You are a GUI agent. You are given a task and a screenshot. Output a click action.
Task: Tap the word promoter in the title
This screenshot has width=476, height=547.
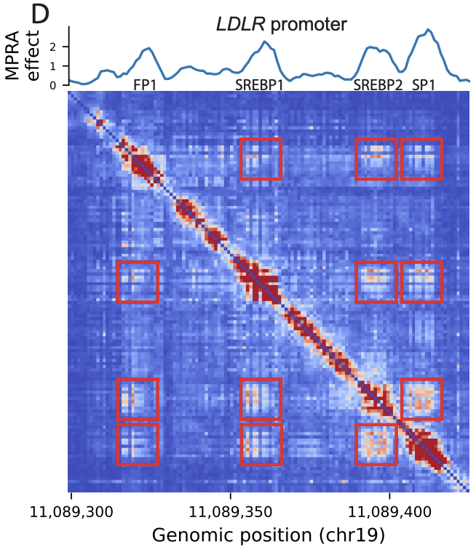[x=306, y=25]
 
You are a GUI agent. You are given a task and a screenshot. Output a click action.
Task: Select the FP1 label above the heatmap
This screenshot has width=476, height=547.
[x=145, y=84]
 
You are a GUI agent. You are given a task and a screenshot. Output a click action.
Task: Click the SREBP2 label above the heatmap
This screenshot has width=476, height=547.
[x=378, y=84]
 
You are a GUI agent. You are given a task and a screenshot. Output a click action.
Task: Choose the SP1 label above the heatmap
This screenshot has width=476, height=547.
[x=423, y=84]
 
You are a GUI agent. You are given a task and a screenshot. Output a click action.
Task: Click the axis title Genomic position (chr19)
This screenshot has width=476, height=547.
[x=269, y=535]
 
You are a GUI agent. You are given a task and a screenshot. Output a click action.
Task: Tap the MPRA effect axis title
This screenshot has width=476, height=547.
[x=23, y=55]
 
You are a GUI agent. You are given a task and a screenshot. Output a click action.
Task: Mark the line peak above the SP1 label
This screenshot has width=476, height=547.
[x=429, y=30]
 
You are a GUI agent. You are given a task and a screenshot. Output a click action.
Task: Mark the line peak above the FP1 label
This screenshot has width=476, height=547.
[x=148, y=49]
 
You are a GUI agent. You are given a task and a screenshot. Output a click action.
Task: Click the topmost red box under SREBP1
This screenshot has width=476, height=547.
[x=260, y=159]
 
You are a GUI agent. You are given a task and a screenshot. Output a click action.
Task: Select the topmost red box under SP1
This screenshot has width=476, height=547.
[x=421, y=159]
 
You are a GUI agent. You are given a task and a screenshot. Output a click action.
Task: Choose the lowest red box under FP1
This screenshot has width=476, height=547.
[x=138, y=444]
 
